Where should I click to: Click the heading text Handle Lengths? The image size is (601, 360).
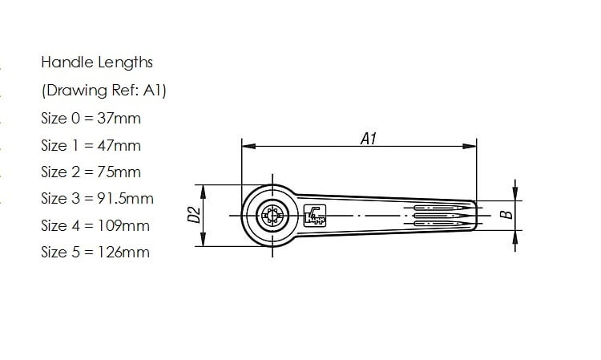96,63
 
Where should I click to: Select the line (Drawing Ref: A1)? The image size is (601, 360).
103,91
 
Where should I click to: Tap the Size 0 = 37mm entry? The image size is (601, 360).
91,118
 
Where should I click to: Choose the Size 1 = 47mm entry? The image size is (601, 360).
91,145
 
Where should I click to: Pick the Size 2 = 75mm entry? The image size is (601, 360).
91,172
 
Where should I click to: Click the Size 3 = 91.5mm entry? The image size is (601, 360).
97,198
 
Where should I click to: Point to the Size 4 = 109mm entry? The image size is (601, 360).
95,225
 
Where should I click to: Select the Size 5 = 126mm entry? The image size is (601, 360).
95,252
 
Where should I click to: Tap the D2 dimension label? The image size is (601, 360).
192,215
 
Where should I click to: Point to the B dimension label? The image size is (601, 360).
505,215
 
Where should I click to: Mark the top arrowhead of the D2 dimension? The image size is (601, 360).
204,190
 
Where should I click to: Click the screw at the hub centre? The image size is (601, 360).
272,216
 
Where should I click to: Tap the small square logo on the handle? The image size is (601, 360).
314,215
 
